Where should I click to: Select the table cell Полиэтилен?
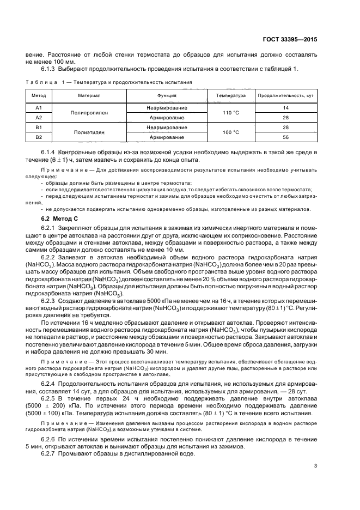click(87, 132)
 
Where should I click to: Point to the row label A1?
click(39, 108)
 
